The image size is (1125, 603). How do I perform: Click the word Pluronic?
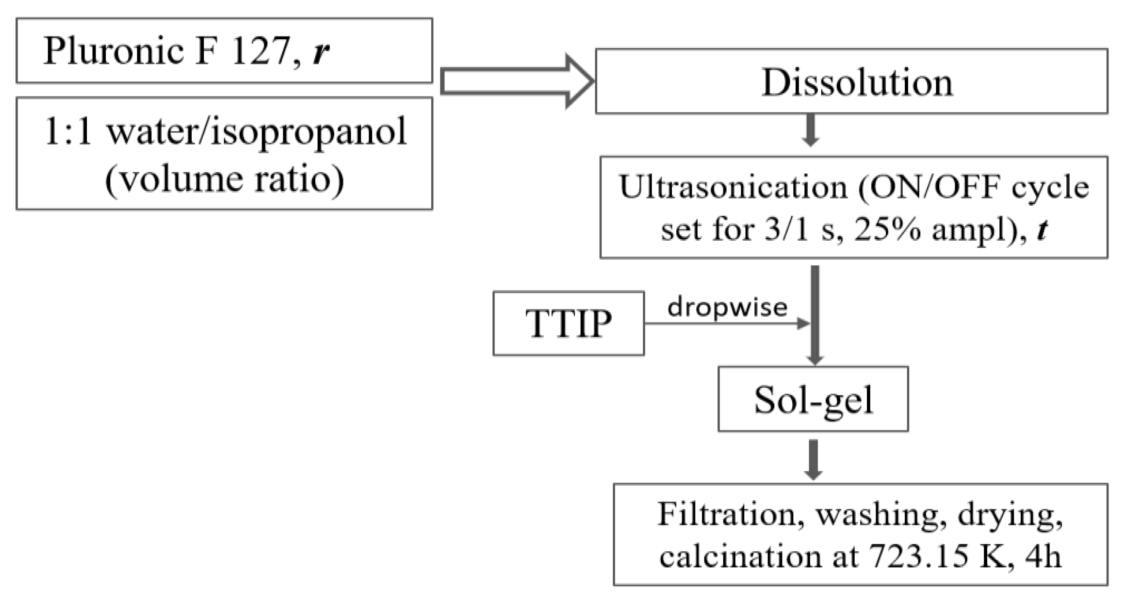[x=114, y=51]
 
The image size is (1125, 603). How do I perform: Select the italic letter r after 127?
[x=321, y=52]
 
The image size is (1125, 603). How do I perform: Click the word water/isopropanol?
[x=257, y=132]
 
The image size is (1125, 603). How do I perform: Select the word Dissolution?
[x=857, y=82]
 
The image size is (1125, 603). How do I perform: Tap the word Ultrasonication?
[x=733, y=187]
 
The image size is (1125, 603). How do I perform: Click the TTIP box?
[x=568, y=324]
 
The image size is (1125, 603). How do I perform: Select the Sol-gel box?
[x=813, y=399]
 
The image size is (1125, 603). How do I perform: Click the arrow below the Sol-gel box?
[x=814, y=459]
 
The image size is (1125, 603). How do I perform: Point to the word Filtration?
[x=727, y=515]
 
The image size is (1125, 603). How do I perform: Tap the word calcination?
[x=740, y=556]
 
